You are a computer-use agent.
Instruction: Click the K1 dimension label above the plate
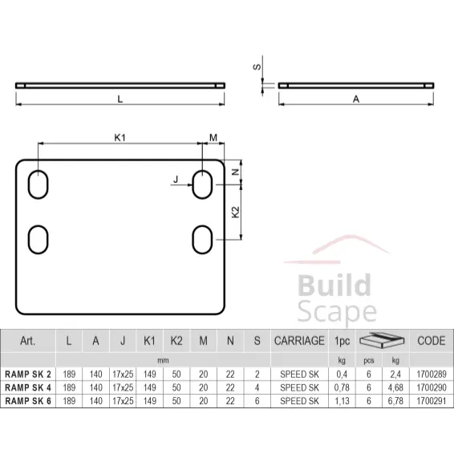pos(120,137)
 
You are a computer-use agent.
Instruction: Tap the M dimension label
pos(213,137)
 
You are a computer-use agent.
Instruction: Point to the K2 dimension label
pos(236,212)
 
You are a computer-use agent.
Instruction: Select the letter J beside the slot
pos(176,180)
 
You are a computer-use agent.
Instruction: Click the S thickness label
pos(257,67)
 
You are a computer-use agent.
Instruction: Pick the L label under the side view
pos(120,99)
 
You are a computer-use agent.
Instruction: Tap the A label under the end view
pos(356,99)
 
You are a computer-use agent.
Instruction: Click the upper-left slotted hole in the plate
pos(38,184)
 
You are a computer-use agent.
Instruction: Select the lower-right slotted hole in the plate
pos(202,240)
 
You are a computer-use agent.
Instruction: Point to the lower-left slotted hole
pos(38,240)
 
